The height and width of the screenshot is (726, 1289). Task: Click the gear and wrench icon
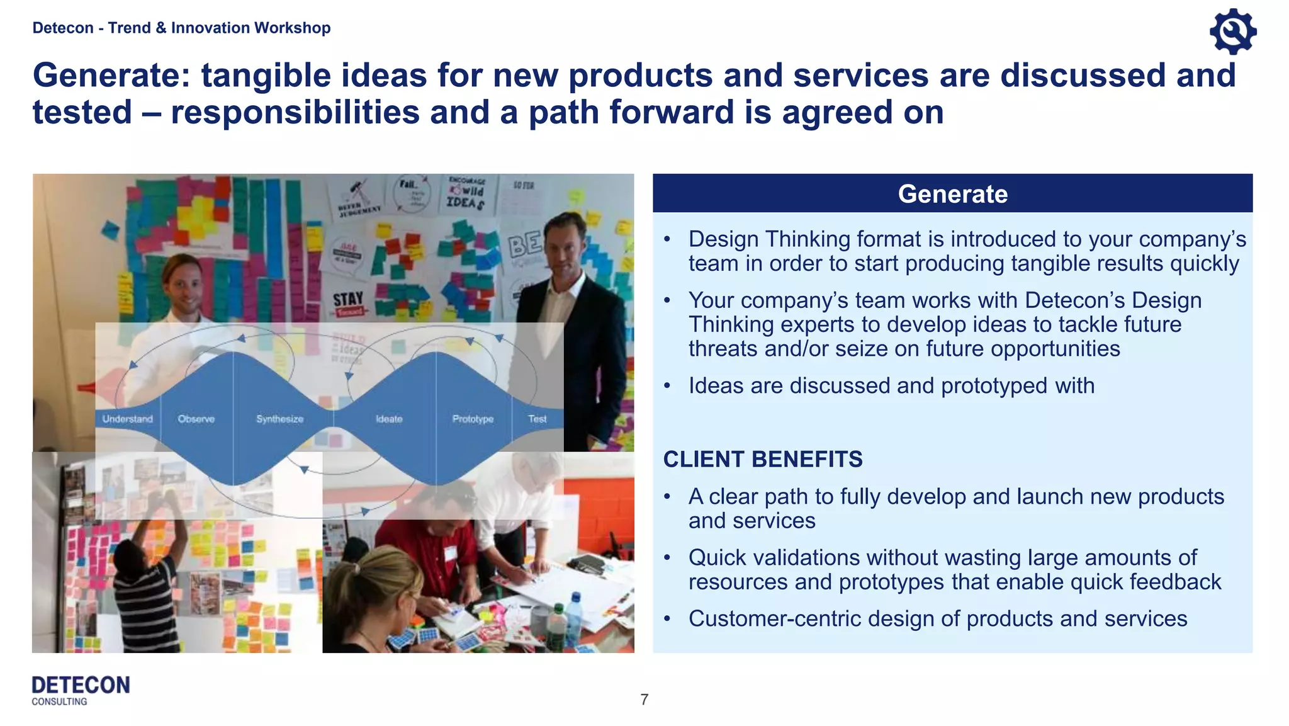[1232, 31]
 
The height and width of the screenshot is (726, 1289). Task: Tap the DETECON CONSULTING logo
[81, 690]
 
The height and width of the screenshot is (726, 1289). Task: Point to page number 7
[644, 700]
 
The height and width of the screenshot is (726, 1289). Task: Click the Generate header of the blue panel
[952, 194]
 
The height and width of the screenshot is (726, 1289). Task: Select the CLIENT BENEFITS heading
[762, 459]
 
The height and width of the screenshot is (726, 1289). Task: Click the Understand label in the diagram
[127, 419]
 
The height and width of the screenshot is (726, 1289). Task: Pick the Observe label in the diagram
[196, 419]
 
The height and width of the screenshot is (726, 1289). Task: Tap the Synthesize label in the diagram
[279, 419]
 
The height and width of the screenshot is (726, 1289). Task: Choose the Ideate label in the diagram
[388, 419]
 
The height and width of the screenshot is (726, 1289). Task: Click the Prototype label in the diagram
[473, 419]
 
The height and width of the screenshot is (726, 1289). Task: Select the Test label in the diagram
[537, 419]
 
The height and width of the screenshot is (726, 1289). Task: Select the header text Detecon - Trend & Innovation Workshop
[181, 28]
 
